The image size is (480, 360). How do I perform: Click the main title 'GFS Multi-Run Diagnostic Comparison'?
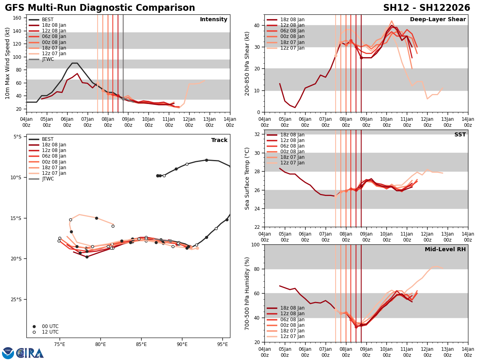[100, 8]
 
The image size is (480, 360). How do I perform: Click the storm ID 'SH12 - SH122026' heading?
[426, 8]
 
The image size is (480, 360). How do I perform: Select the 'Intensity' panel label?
[214, 20]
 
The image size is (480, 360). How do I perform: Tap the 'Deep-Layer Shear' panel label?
[438, 20]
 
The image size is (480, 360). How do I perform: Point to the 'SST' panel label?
[460, 135]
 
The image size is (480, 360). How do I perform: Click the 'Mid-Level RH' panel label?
[445, 250]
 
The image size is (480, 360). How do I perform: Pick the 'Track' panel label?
[219, 140]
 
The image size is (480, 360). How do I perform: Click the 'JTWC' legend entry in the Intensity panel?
[48, 59]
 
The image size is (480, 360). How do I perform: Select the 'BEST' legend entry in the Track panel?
[48, 139]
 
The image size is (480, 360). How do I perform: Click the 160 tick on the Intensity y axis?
[18, 18]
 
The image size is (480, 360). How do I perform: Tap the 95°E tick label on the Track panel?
[223, 345]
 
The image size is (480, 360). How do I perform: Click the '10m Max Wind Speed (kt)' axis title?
[8, 63]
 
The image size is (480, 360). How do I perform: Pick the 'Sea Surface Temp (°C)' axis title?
[247, 178]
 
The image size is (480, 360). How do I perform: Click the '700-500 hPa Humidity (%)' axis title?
[247, 293]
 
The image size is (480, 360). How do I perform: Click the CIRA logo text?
[30, 353]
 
